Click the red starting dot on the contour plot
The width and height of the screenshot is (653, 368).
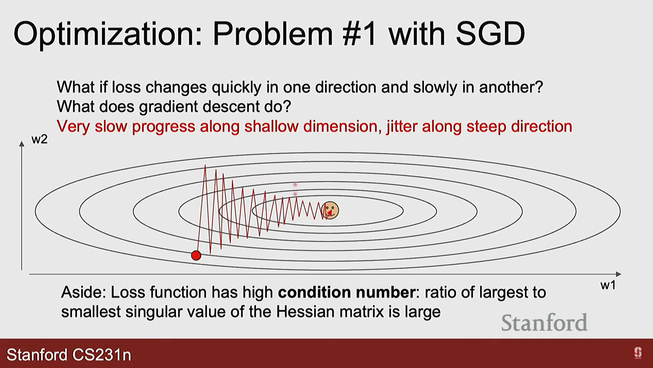(x=196, y=256)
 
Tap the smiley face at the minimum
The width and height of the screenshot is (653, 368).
(x=330, y=210)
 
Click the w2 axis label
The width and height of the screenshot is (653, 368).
(x=39, y=139)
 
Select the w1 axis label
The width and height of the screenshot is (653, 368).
(x=608, y=285)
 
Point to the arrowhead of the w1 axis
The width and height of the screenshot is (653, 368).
(x=619, y=274)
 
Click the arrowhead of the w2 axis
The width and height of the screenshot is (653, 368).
(x=22, y=144)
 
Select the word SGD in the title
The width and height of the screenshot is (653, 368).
(x=490, y=34)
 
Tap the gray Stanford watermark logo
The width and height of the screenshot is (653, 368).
(x=544, y=323)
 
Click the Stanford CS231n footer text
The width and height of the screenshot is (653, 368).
(x=69, y=355)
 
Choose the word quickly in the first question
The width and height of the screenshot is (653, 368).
(x=237, y=88)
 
